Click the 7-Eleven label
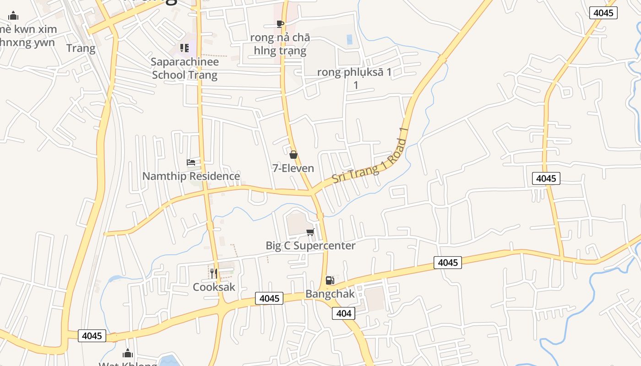pos(293,168)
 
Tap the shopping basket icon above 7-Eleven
pos(293,155)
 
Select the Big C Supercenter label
pos(310,246)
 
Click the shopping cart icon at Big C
pos(310,232)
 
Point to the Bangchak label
pos(330,294)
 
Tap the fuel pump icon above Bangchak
pos(330,280)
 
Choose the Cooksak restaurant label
pos(214,287)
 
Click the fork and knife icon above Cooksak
pos(214,274)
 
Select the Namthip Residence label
pos(191,176)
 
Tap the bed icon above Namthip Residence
pos(191,162)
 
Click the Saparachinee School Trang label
pos(185,68)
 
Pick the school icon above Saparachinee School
pos(185,48)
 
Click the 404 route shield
pos(343,313)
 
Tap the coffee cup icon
pos(280,24)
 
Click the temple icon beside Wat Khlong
pos(128,353)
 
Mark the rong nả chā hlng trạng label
pos(280,44)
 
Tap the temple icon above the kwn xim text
pos(13,16)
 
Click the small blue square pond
pos(350,39)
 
